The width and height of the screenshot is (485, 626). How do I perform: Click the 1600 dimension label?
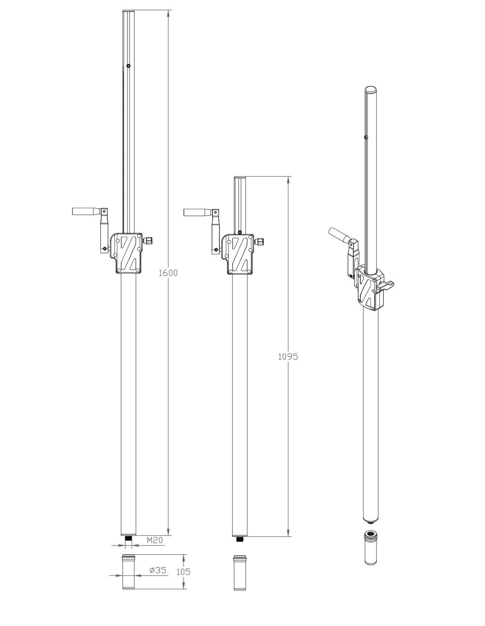(168, 272)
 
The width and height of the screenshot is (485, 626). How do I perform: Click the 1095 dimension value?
(287, 357)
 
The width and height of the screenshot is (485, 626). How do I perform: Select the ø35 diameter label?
(158, 570)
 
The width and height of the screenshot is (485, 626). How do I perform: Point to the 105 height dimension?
(183, 571)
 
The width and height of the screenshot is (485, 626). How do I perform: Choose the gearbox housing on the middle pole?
(239, 254)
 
